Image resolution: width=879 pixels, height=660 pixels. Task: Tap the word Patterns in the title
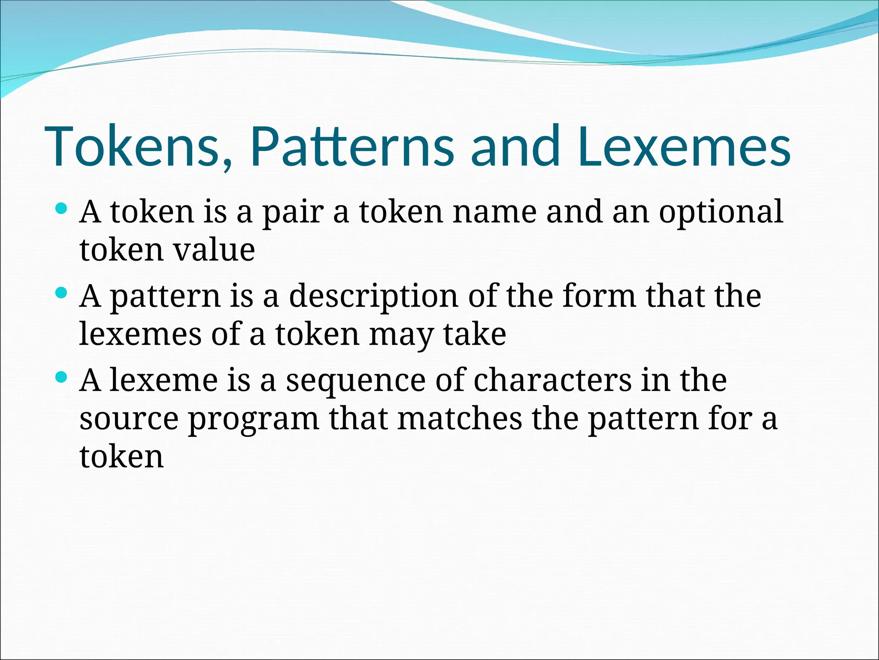352,146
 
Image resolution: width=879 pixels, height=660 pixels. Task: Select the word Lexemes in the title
684,146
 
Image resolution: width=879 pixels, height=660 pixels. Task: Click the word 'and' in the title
515,146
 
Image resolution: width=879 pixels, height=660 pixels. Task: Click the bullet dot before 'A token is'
62,209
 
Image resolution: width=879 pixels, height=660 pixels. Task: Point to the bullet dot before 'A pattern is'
62,293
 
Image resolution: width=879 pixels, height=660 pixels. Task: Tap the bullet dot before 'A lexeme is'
62,378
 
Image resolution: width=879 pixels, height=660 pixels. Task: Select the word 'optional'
721,213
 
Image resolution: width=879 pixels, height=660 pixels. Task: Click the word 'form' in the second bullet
599,296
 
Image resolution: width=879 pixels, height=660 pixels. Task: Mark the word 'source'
129,419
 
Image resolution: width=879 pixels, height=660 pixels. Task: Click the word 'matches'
460,419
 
